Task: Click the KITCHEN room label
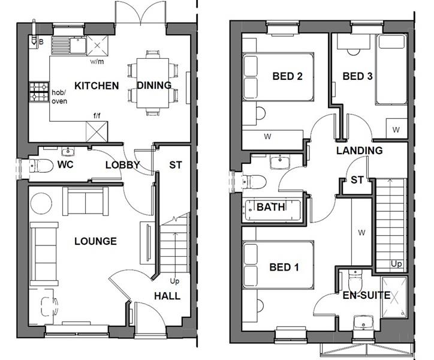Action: click(96, 86)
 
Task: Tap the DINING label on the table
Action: click(154, 86)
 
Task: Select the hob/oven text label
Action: click(59, 97)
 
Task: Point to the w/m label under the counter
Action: click(96, 61)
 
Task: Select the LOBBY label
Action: click(122, 165)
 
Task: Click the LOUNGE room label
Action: click(95, 241)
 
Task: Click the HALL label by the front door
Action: click(167, 296)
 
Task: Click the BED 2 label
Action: click(287, 76)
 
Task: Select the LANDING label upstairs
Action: click(359, 151)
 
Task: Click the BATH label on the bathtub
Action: click(271, 208)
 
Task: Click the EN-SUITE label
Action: click(366, 295)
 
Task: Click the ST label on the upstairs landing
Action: click(357, 180)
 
